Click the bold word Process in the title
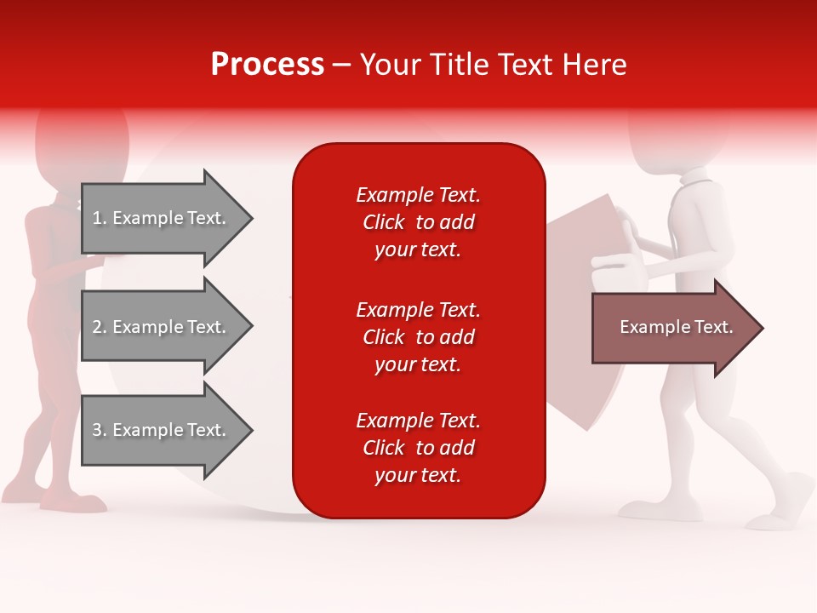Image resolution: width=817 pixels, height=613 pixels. point(267,65)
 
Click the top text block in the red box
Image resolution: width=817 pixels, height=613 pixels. point(418,222)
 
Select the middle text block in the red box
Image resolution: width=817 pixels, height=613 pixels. point(418,337)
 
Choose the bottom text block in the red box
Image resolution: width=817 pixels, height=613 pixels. point(418,448)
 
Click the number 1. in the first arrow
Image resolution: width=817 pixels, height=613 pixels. point(100,218)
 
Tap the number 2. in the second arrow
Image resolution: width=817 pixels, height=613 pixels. point(100,327)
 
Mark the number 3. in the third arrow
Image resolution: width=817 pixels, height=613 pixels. point(100,430)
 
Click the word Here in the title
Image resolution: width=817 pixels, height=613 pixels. point(596,65)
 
